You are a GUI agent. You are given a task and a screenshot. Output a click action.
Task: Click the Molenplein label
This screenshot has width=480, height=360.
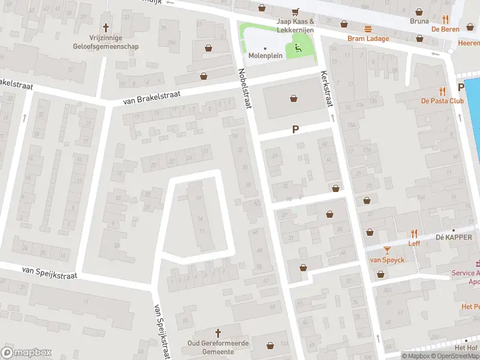pos(265,56)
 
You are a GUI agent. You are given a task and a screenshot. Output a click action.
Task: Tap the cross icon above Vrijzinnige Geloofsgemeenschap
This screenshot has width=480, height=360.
pos(107,28)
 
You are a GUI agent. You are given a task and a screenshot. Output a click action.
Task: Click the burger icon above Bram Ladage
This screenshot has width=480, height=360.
pos(368,29)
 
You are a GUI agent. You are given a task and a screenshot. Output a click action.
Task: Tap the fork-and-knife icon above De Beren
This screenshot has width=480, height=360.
pos(445,19)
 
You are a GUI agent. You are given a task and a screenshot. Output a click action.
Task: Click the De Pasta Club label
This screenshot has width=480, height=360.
pos(442,101)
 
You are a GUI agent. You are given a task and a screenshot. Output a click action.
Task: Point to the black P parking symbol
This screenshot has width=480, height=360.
pos(295,129)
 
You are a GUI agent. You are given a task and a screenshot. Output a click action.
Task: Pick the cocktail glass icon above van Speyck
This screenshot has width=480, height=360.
pos(387,250)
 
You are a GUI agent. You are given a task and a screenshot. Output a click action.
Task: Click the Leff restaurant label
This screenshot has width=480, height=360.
pos(414,243)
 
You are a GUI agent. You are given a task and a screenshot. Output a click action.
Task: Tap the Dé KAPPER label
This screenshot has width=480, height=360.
pos(454,238)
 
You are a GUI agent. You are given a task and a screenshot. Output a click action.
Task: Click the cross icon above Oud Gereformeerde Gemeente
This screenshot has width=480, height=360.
pos(218,332)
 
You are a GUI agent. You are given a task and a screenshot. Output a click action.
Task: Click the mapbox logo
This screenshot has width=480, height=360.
pos(25,353)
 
